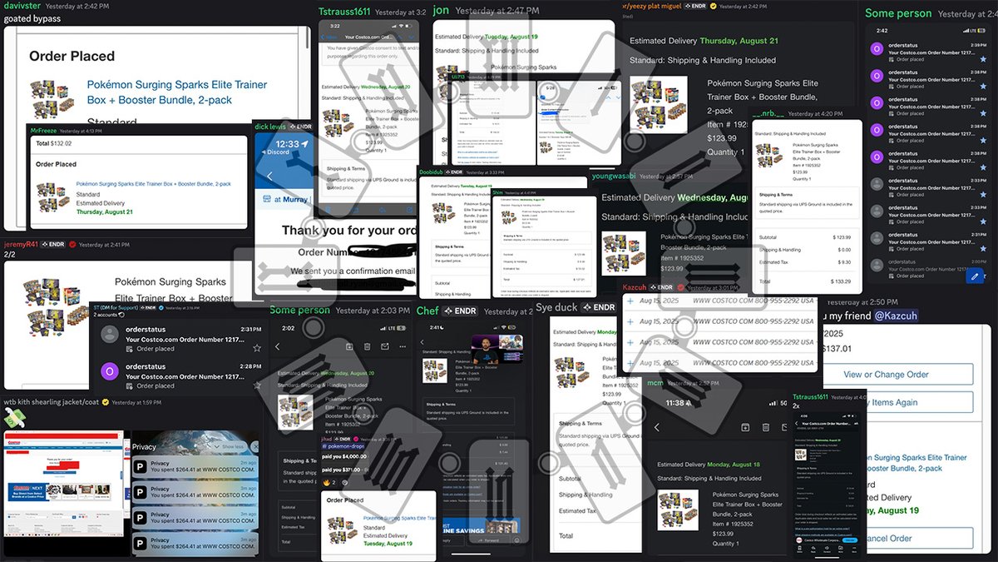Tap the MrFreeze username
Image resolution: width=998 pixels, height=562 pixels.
(47, 130)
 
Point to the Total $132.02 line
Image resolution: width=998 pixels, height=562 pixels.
(54, 144)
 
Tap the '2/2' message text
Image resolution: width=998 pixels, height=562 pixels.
(11, 256)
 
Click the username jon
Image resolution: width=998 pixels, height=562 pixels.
(441, 11)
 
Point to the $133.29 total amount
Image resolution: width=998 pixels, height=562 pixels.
(840, 281)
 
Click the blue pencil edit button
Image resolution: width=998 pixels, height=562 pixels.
(975, 276)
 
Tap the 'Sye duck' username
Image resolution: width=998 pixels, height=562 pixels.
(556, 308)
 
